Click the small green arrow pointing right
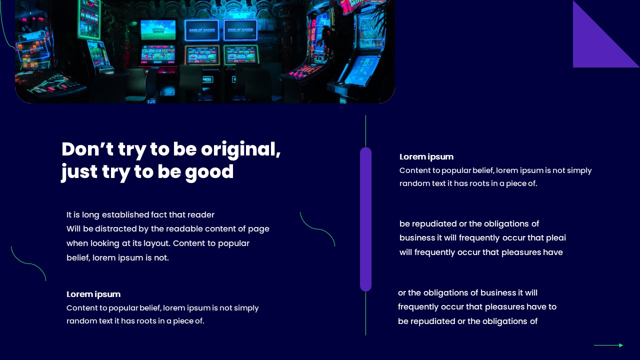pos(608,345)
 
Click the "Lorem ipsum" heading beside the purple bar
pos(426,156)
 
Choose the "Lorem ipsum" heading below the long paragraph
pos(93,294)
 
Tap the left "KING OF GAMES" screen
pos(201,30)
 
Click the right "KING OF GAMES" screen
pos(240,30)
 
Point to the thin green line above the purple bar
pos(365,131)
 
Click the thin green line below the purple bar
pos(365,313)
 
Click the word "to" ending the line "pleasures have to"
pos(552,306)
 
